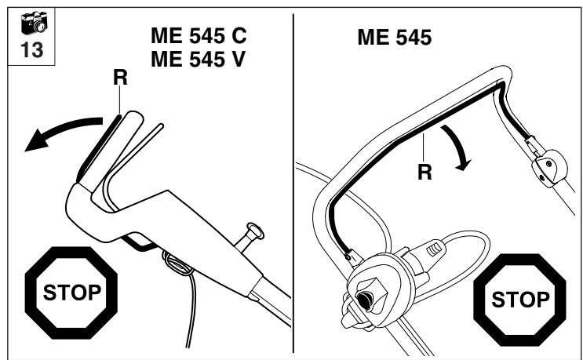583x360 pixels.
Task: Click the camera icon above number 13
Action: (x=34, y=23)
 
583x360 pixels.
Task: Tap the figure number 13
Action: (x=32, y=50)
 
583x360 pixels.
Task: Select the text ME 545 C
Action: (x=199, y=35)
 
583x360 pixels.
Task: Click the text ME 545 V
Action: (x=199, y=59)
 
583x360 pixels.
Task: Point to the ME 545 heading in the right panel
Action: (x=395, y=38)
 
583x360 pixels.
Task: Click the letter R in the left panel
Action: (x=120, y=78)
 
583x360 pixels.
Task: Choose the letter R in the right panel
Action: (x=425, y=172)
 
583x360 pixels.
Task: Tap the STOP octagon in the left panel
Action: (x=71, y=293)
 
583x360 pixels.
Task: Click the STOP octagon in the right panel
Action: (x=519, y=300)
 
